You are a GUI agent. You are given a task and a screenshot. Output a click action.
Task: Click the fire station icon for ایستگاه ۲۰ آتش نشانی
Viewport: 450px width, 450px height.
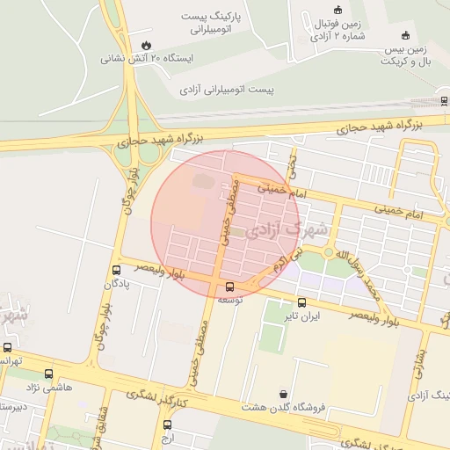click(145, 43)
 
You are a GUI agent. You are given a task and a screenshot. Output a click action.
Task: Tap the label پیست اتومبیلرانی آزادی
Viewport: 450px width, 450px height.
click(228, 90)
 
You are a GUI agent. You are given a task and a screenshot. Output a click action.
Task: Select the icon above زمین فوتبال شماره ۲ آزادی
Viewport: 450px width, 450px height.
click(338, 11)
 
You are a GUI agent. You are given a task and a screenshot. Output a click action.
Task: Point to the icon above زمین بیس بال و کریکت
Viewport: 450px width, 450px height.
click(404, 35)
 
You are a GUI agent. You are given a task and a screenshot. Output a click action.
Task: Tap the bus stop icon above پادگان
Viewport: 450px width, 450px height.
click(117, 270)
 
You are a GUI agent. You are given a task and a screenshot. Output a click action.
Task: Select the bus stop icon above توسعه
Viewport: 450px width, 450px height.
click(230, 286)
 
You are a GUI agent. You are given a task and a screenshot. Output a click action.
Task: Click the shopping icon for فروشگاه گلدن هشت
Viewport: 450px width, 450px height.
click(283, 394)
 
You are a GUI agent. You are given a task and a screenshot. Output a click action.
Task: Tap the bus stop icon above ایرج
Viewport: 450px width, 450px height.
click(167, 425)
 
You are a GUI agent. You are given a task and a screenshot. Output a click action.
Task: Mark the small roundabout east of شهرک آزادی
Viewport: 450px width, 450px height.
click(329, 252)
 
